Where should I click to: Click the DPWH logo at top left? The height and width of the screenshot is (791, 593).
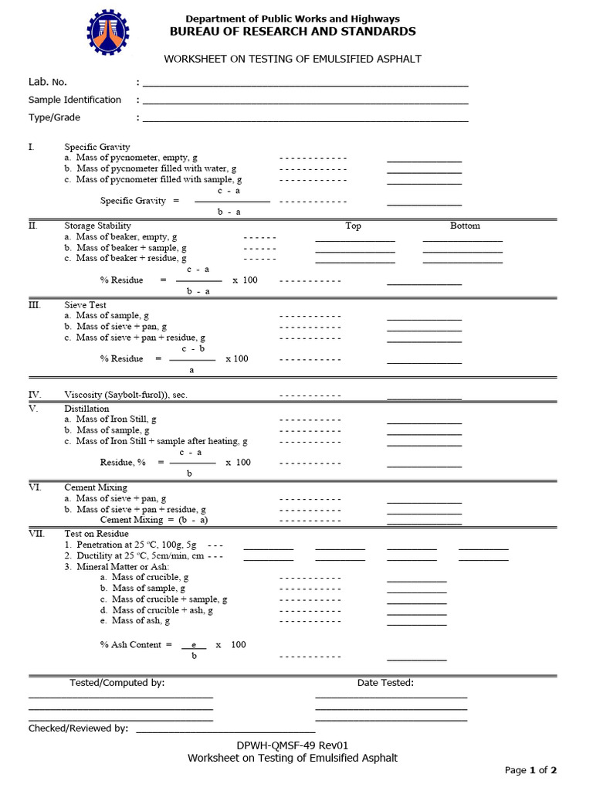tap(108, 32)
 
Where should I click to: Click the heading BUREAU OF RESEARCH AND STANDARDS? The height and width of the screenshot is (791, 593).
tap(293, 32)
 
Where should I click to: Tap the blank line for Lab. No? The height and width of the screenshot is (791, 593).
tap(305, 84)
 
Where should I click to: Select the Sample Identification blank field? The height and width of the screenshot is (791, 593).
tap(305, 102)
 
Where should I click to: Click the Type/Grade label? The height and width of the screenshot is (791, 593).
tap(54, 117)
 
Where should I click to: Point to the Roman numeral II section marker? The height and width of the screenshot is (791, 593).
tap(33, 226)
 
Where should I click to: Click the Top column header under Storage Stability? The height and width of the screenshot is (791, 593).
tap(353, 226)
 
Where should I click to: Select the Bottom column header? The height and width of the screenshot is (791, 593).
tap(465, 226)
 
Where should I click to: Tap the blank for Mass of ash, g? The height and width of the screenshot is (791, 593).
tap(416, 623)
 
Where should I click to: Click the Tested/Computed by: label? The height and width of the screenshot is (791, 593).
tap(117, 683)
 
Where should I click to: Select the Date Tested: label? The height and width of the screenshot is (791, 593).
tap(385, 683)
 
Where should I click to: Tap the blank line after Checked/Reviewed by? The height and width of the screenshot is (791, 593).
tap(225, 730)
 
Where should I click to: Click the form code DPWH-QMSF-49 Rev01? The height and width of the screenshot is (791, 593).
tap(293, 745)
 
